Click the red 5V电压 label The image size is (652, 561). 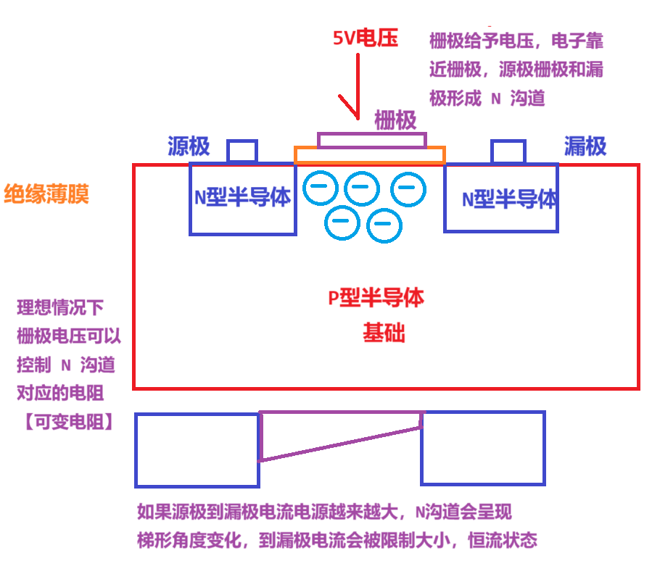pyautogui.click(x=366, y=38)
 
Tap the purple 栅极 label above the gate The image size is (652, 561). pyautogui.click(x=395, y=120)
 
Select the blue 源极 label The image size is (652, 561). pyautogui.click(x=189, y=146)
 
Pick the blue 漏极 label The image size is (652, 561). pyautogui.click(x=585, y=146)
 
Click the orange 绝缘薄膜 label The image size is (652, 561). pyautogui.click(x=46, y=194)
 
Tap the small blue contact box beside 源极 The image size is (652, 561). pyautogui.click(x=242, y=151)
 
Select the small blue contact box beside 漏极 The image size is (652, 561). pyautogui.click(x=508, y=151)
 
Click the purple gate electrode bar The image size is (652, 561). pyautogui.click(x=372, y=140)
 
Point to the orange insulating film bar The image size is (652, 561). pyautogui.click(x=370, y=154)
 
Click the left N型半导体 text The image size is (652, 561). pyautogui.click(x=242, y=198)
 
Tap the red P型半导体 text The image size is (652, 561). pyautogui.click(x=376, y=297)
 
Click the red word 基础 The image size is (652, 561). pyautogui.click(x=384, y=333)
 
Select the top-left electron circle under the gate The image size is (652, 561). pyautogui.click(x=320, y=188)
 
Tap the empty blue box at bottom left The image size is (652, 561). pyautogui.click(x=197, y=449)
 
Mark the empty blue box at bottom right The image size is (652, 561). pyautogui.click(x=482, y=448)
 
